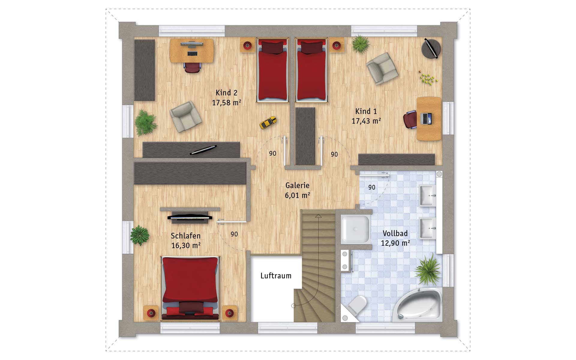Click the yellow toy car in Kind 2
[268, 122]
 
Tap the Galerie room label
[297, 185]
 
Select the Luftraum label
[276, 276]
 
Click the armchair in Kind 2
[185, 116]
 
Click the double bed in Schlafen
[190, 288]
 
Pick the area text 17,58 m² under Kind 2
[226, 103]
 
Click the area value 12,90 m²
[395, 243]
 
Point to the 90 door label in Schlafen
[234, 234]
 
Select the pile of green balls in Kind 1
[428, 79]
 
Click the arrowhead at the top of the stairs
[318, 216]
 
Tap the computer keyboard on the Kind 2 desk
[192, 53]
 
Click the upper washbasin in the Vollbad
[427, 195]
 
